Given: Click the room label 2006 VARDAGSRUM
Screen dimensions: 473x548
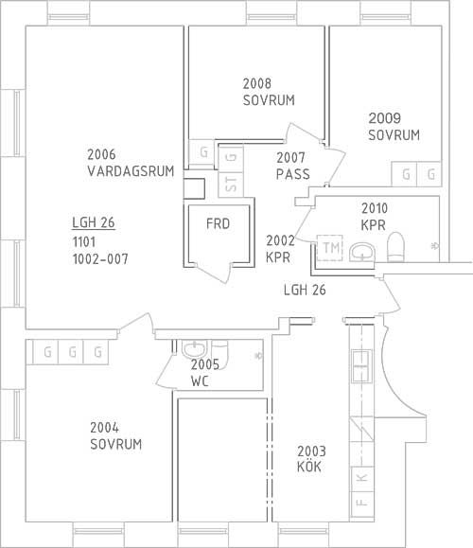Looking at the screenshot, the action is tap(131, 163).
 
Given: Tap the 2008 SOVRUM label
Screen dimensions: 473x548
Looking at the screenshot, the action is tap(269, 92).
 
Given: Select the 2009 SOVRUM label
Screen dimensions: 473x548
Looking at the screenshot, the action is tap(394, 127).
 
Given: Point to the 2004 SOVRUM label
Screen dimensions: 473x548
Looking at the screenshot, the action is tap(116, 435).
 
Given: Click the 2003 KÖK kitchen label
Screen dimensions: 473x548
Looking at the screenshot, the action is tap(311, 459).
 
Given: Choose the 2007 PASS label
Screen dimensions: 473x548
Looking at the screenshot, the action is tap(292, 166).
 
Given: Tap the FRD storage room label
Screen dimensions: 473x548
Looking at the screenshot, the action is tap(218, 223).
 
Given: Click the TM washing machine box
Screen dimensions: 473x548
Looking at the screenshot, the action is tap(330, 248).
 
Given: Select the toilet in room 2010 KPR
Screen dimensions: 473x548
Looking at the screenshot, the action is tap(395, 247).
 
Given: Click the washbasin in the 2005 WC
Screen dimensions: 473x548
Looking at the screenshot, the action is tap(194, 349).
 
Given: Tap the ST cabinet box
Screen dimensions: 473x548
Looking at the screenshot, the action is tap(231, 185).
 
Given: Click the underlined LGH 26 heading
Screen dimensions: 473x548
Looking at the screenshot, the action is tap(94, 222).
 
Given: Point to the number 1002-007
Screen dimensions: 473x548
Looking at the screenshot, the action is tap(100, 259).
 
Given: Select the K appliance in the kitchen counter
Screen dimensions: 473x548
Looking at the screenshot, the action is tap(362, 478).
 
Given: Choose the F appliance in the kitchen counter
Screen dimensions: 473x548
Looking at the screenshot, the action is tap(362, 504).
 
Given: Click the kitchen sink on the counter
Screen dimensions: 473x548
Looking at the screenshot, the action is tap(361, 366).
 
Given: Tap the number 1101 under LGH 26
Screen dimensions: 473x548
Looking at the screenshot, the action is tap(84, 242).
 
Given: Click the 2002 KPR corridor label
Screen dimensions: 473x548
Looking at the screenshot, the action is tap(280, 249).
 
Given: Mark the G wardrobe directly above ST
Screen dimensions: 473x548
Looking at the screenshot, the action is tap(231, 158).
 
